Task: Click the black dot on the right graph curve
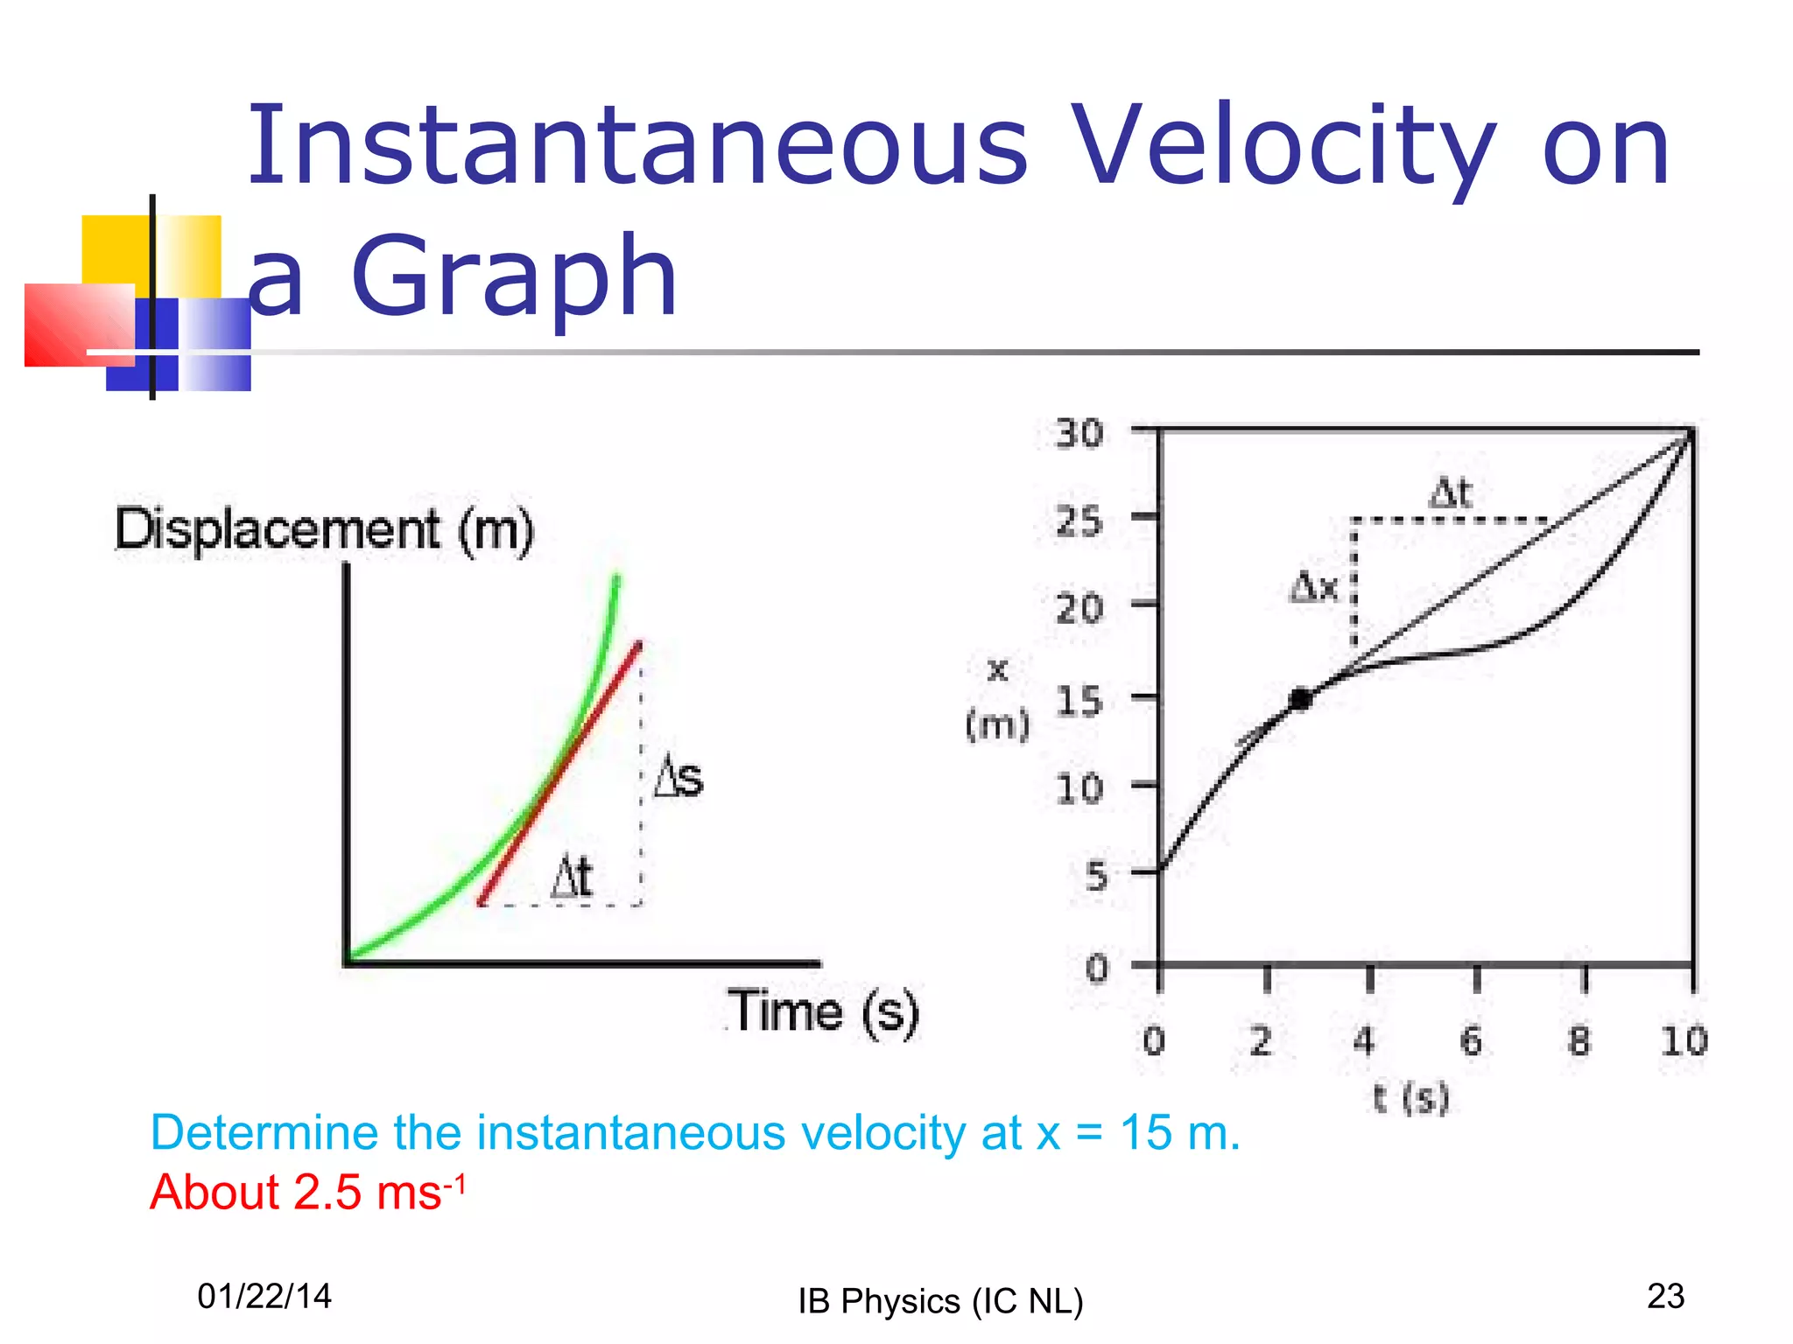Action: tap(1301, 699)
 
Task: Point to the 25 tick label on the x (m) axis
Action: tap(1079, 522)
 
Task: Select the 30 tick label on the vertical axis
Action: tap(1079, 434)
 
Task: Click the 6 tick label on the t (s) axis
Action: tap(1472, 1041)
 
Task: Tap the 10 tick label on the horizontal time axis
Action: tap(1684, 1041)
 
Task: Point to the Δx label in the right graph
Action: tap(1314, 587)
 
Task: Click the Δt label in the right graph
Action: tap(1451, 493)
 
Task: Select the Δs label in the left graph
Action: tap(679, 776)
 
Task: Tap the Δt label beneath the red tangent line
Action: tap(572, 877)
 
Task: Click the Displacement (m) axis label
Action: tap(325, 529)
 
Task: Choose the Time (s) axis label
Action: tap(823, 1011)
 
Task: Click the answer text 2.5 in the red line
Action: tap(328, 1193)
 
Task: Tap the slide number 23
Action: tap(1665, 1296)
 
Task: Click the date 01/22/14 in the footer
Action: tap(264, 1296)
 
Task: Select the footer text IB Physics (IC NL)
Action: tap(940, 1301)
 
